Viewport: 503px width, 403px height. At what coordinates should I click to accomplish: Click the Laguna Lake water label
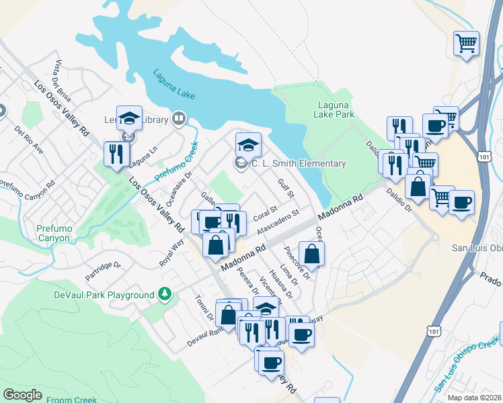pos(173,84)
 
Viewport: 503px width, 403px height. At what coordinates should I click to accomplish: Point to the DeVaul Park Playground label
pos(104,295)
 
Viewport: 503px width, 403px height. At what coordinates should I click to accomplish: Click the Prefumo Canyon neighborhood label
pos(53,233)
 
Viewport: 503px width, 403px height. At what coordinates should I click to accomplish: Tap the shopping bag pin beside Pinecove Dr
pos(312,254)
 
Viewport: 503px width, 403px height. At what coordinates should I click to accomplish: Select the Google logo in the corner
pos(23,395)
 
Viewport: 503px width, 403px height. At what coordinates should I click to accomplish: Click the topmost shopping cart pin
pos(466,44)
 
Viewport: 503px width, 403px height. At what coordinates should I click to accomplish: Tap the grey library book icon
pos(179,120)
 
